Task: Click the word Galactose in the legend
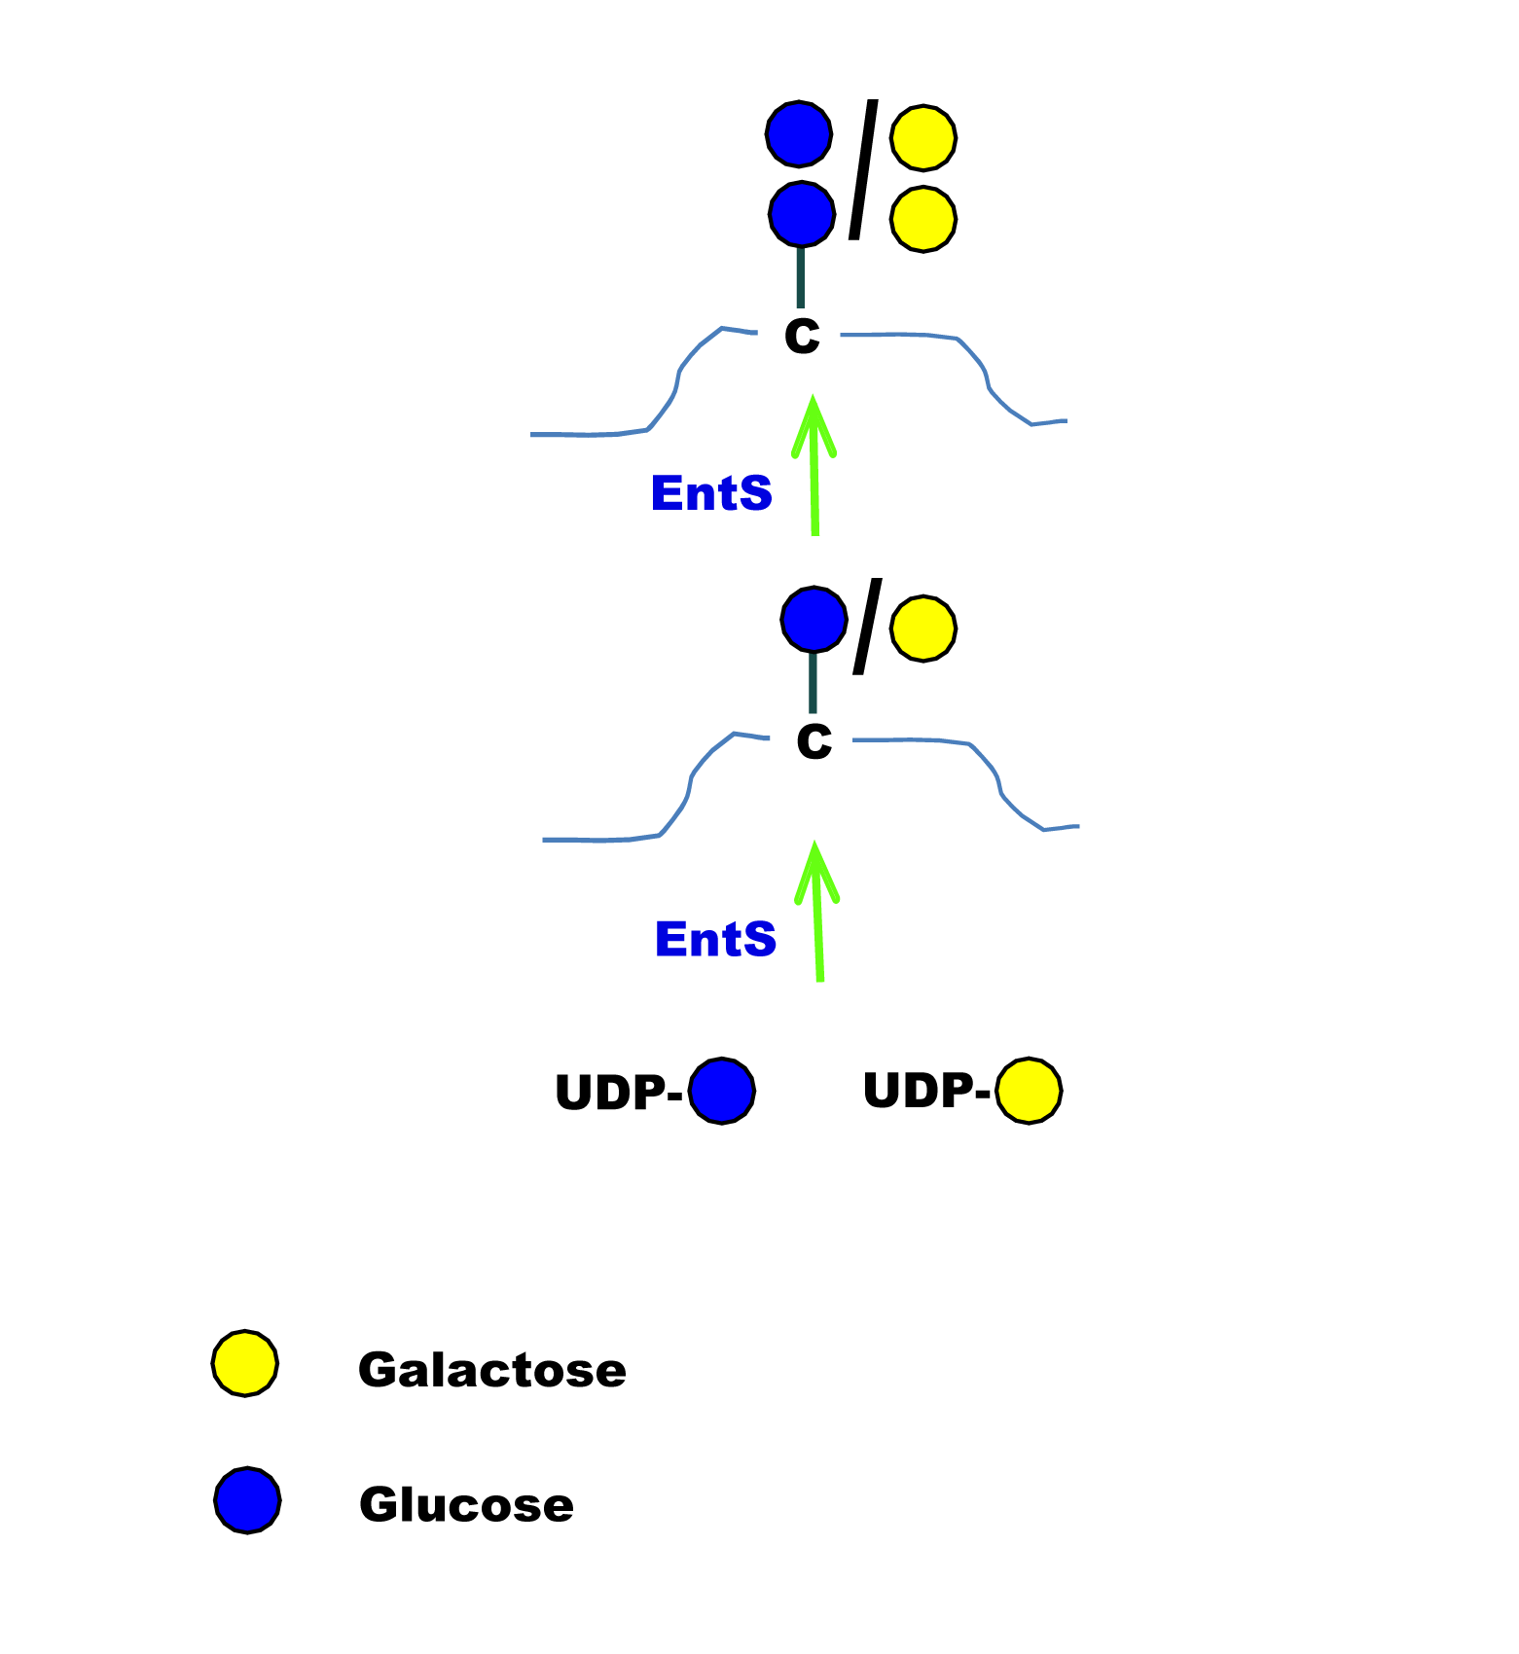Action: coord(492,1370)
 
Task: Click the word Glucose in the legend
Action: coord(466,1504)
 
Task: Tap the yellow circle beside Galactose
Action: coord(245,1363)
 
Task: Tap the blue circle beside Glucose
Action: coord(248,1500)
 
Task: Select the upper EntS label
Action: coord(711,493)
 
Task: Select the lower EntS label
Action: coord(716,939)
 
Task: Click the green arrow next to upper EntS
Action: coord(814,465)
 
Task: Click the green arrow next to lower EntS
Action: coord(818,911)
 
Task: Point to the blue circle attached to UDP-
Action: coord(722,1091)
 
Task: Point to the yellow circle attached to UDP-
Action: coord(1029,1091)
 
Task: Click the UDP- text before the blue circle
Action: coord(619,1092)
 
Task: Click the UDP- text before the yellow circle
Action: coord(926,1090)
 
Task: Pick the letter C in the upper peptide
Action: coord(803,336)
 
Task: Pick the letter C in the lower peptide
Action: coord(814,741)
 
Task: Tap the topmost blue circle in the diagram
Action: coord(799,133)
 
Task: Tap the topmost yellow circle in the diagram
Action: coord(923,137)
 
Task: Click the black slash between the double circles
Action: coord(864,169)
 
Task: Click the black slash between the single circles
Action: coord(868,627)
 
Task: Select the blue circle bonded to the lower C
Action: coord(814,619)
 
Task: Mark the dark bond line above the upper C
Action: coord(801,277)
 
